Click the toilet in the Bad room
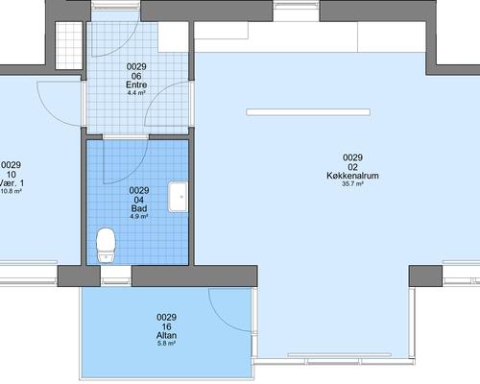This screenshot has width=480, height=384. point(106,246)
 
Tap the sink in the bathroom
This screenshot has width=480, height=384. point(179,197)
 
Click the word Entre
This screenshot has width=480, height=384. point(136,84)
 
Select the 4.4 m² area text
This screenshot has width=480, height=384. point(136,93)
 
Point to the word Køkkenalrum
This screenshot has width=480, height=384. point(352,176)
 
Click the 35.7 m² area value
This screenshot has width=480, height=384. point(352,184)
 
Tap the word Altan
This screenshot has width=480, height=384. point(166,335)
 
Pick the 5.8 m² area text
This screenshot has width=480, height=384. point(166,344)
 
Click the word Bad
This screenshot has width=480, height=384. point(139,208)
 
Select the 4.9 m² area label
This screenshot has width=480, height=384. point(139,217)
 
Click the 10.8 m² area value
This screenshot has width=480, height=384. point(12,192)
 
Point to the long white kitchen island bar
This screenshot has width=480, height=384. point(308,112)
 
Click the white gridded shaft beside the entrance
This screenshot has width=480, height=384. point(69,45)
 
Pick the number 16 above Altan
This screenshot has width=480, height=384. point(166,327)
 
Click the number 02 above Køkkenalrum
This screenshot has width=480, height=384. point(352,167)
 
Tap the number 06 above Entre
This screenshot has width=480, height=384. point(136,76)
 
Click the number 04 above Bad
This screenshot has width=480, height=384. point(139,200)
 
